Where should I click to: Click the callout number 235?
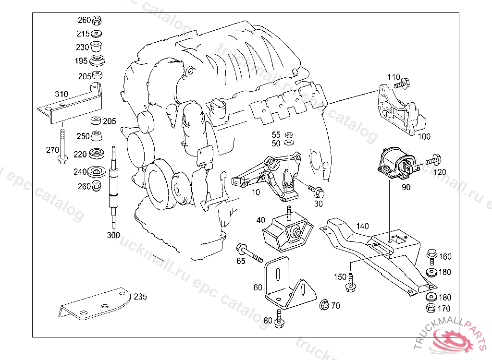pyautogui.click(x=140, y=297)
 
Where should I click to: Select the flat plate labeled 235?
pyautogui.click(x=95, y=304)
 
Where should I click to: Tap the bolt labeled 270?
pyautogui.click(x=63, y=147)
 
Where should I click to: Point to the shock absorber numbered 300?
pyautogui.click(x=113, y=187)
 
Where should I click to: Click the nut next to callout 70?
pyautogui.click(x=324, y=304)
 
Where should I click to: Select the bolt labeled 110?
pyautogui.click(x=403, y=84)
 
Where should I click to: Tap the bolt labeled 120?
pyautogui.click(x=433, y=160)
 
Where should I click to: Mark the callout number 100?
pyautogui.click(x=424, y=136)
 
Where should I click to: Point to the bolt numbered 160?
pyautogui.click(x=432, y=257)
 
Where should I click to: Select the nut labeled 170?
pyautogui.click(x=431, y=308)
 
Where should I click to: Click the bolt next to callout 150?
pyautogui.click(x=350, y=282)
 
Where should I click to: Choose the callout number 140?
pyautogui.click(x=362, y=226)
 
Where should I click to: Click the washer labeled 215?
pyautogui.click(x=96, y=34)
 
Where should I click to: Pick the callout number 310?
pyautogui.click(x=61, y=94)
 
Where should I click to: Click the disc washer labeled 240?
pyautogui.click(x=96, y=172)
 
